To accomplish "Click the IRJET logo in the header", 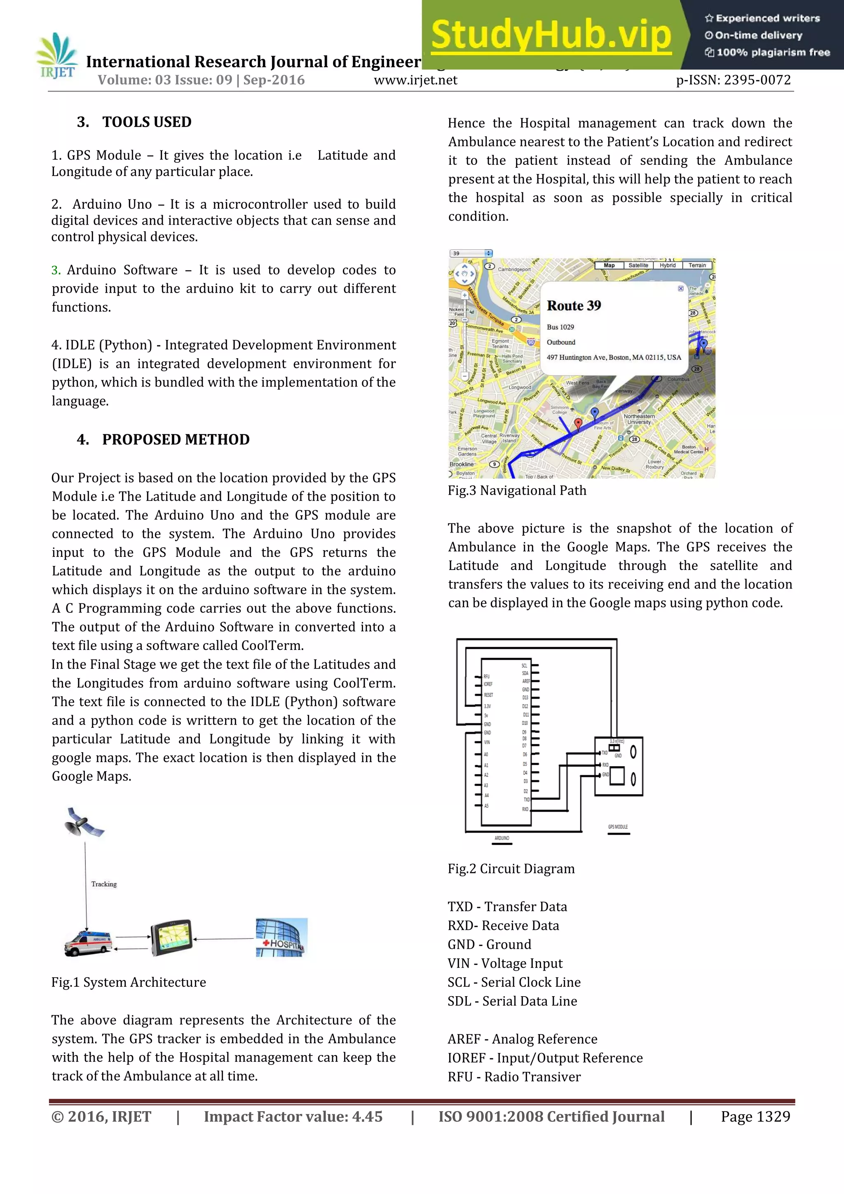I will click(x=57, y=56).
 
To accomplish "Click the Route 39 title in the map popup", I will click(x=574, y=306).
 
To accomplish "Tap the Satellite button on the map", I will click(x=638, y=265).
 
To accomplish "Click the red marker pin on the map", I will click(x=578, y=424).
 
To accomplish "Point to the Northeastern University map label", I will click(x=639, y=419).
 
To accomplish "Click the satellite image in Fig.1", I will click(x=83, y=822).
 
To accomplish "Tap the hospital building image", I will click(x=281, y=938).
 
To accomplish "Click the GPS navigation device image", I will click(x=171, y=938).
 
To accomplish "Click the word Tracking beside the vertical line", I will click(x=104, y=884).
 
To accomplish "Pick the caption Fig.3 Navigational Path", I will click(x=517, y=491).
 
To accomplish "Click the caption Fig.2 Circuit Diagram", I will click(x=511, y=869).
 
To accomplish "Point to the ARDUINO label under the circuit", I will click(x=502, y=838).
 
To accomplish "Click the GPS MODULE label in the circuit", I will click(x=618, y=827).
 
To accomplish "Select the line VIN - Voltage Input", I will click(x=505, y=964).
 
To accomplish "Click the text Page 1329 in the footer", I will click(x=755, y=1117).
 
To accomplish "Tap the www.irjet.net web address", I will click(x=415, y=80).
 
